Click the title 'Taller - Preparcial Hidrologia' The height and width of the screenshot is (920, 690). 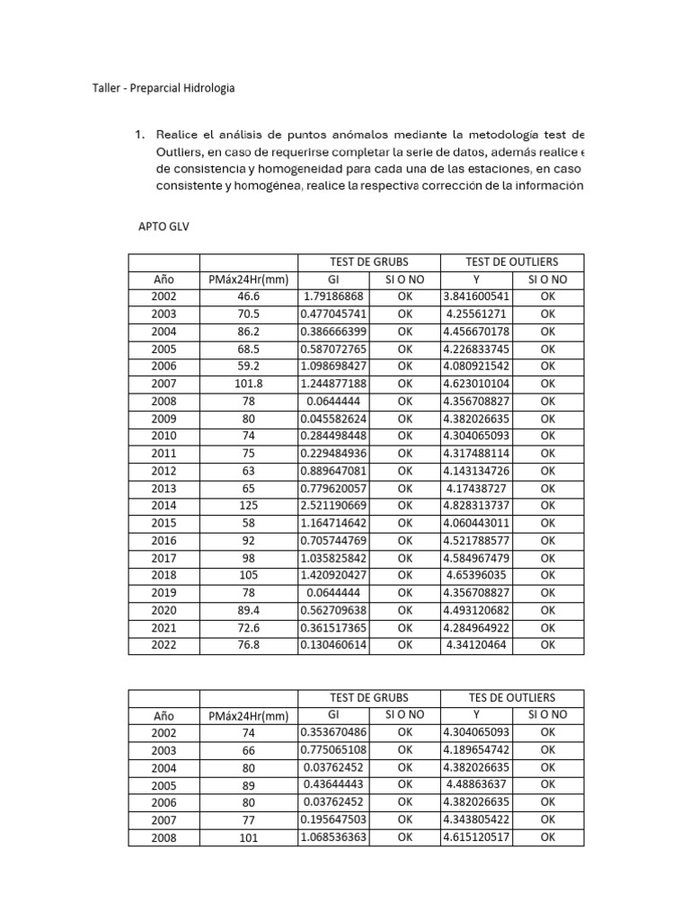click(164, 88)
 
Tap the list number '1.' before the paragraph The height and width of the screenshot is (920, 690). click(139, 135)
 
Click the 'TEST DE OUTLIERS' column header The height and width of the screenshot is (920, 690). click(511, 261)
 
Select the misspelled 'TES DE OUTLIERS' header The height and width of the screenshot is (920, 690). click(511, 697)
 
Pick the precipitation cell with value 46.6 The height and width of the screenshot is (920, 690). click(248, 296)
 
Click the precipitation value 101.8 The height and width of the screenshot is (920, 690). click(248, 384)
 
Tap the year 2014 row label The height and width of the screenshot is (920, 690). click(164, 505)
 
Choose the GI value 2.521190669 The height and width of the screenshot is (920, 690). click(333, 505)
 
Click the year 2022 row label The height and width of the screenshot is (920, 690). click(164, 644)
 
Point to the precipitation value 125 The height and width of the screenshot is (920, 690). click(248, 505)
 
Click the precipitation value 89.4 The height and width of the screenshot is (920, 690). click(248, 610)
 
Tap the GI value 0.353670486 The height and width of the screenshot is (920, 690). click(333, 732)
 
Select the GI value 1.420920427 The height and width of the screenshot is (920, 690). click(333, 575)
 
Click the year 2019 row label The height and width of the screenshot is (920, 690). click(164, 592)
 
